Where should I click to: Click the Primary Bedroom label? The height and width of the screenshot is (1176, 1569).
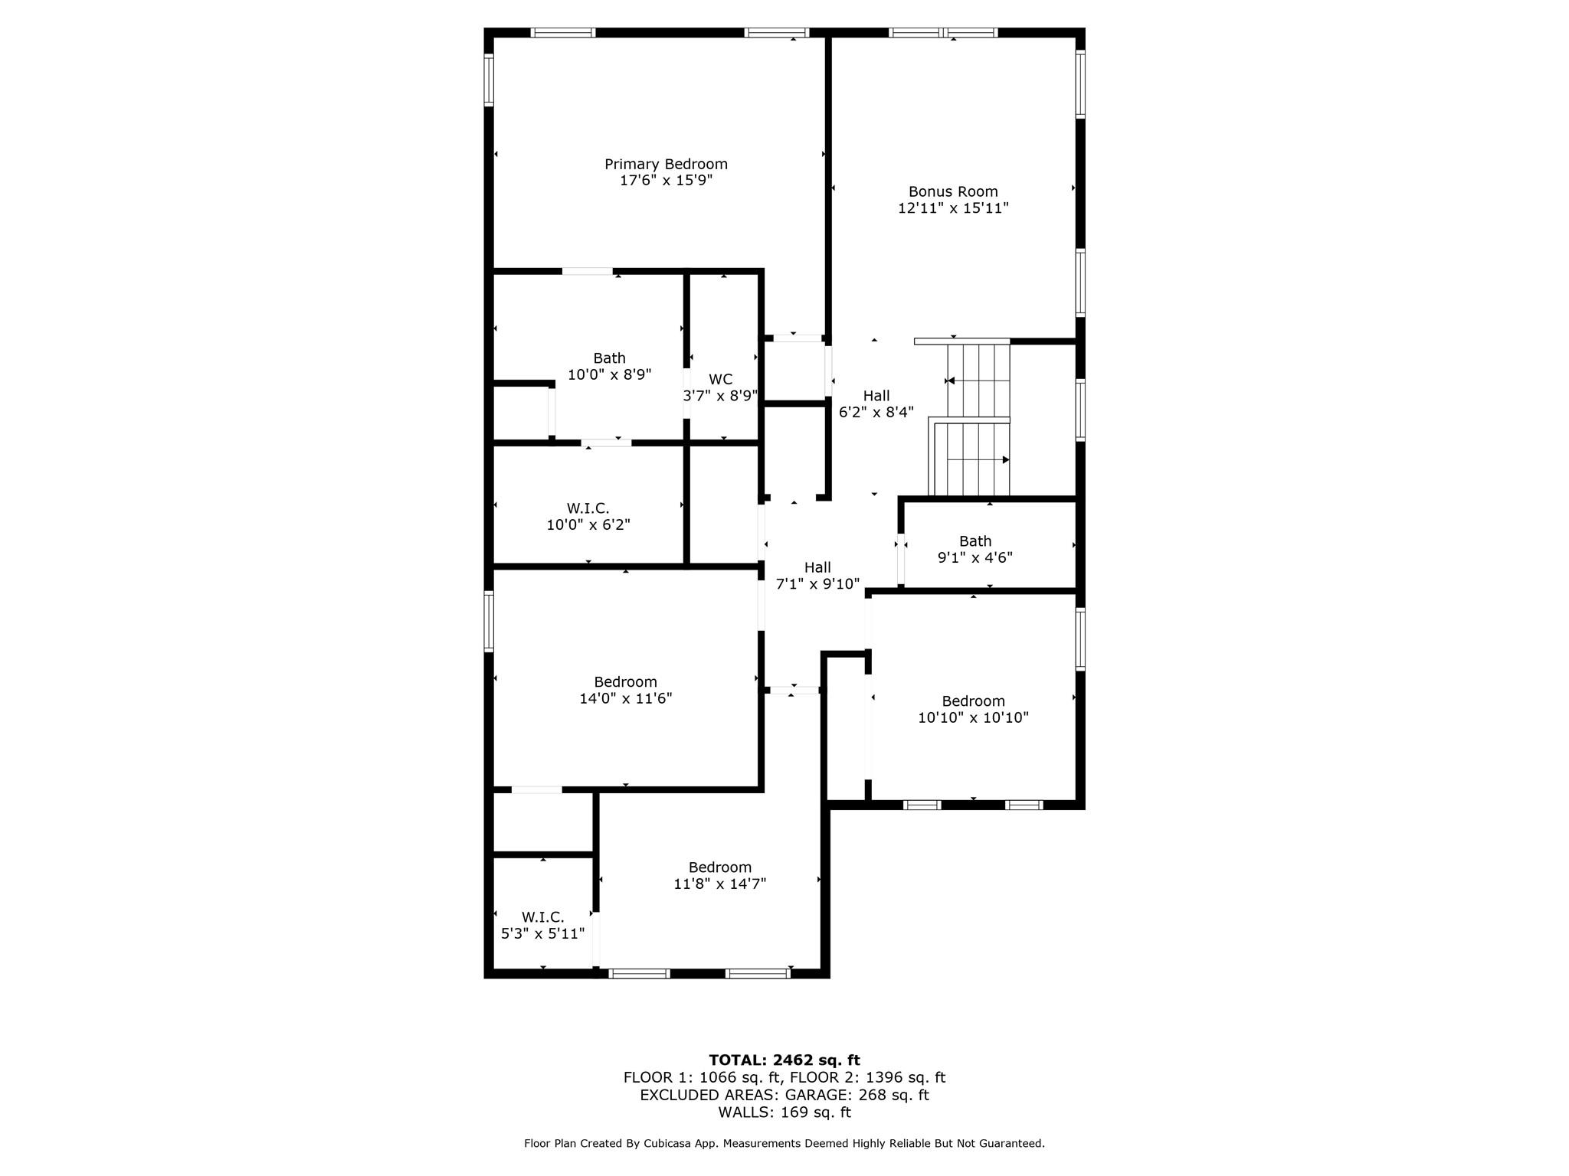pyautogui.click(x=666, y=164)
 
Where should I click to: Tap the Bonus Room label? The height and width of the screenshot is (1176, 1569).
pyautogui.click(x=953, y=191)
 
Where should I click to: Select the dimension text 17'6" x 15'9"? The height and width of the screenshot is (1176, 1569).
pyautogui.click(x=666, y=181)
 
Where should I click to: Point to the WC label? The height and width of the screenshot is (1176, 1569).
pyautogui.click(x=720, y=379)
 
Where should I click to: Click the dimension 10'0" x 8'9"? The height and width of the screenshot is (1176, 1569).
pyautogui.click(x=609, y=374)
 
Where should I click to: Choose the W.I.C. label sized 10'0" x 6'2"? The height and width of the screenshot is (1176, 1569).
pyautogui.click(x=588, y=508)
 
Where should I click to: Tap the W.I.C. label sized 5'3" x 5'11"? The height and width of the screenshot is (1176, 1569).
pyautogui.click(x=542, y=917)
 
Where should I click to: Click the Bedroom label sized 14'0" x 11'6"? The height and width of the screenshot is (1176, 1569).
pyautogui.click(x=625, y=682)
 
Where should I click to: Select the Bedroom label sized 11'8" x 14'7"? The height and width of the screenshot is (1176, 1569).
pyautogui.click(x=719, y=867)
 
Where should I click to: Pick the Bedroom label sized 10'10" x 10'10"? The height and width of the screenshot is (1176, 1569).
pyautogui.click(x=973, y=701)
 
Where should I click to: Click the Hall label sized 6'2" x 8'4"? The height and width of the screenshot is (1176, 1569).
pyautogui.click(x=876, y=396)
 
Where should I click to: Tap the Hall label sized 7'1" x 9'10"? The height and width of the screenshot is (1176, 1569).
pyautogui.click(x=817, y=567)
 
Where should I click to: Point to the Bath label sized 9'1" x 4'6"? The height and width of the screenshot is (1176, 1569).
pyautogui.click(x=975, y=541)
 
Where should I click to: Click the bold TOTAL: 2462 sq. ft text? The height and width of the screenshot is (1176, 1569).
pyautogui.click(x=784, y=1060)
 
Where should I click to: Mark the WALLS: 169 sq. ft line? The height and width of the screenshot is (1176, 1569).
pyautogui.click(x=784, y=1112)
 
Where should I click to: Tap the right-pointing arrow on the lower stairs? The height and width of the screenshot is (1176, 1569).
pyautogui.click(x=1005, y=460)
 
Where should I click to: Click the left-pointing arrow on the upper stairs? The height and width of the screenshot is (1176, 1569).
pyautogui.click(x=951, y=381)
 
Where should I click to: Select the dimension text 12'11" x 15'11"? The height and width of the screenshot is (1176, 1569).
pyautogui.click(x=953, y=208)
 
